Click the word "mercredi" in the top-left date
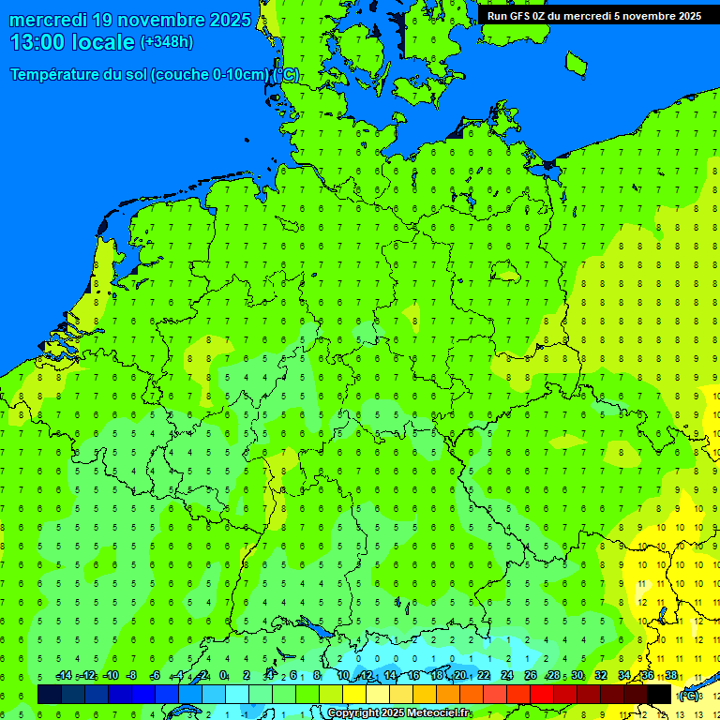[x=49, y=20]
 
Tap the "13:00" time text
[x=38, y=42]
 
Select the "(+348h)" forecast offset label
[x=166, y=42]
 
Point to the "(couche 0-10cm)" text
[x=211, y=75]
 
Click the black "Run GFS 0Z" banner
[x=593, y=15]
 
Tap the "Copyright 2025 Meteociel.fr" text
[x=398, y=713]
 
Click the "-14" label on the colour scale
[x=64, y=676]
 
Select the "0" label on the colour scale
[x=223, y=676]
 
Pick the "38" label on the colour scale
[x=671, y=676]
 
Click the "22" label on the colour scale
[x=484, y=676]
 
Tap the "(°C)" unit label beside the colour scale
[x=689, y=695]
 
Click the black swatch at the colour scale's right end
[x=659, y=694]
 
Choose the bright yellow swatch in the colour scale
[x=354, y=694]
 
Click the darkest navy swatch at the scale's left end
[x=50, y=694]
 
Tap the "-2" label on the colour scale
[x=201, y=676]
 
